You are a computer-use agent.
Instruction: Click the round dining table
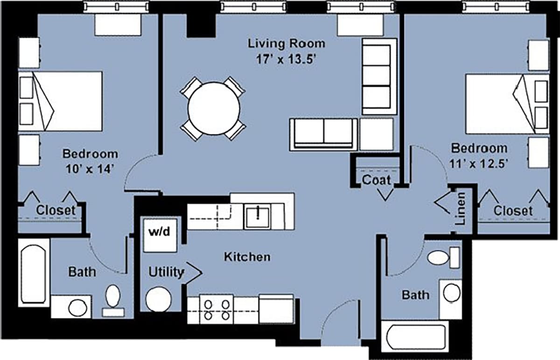point(214,108)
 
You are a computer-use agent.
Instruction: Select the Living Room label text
point(286,43)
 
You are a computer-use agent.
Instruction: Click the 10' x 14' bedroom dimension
point(90,169)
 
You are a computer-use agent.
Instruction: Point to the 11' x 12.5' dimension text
point(479,163)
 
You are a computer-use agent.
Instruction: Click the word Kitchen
point(247,257)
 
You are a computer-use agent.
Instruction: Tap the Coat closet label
point(376,179)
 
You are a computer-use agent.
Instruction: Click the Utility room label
point(166,272)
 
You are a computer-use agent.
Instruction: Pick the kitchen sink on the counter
point(258,215)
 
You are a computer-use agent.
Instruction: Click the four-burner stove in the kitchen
point(217,309)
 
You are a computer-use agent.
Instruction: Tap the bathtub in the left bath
point(34,271)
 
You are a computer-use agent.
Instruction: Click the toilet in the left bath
point(113,298)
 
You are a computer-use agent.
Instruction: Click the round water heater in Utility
point(158,299)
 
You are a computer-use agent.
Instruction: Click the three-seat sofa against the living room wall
point(378,77)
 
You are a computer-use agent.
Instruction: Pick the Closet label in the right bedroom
point(513,211)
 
